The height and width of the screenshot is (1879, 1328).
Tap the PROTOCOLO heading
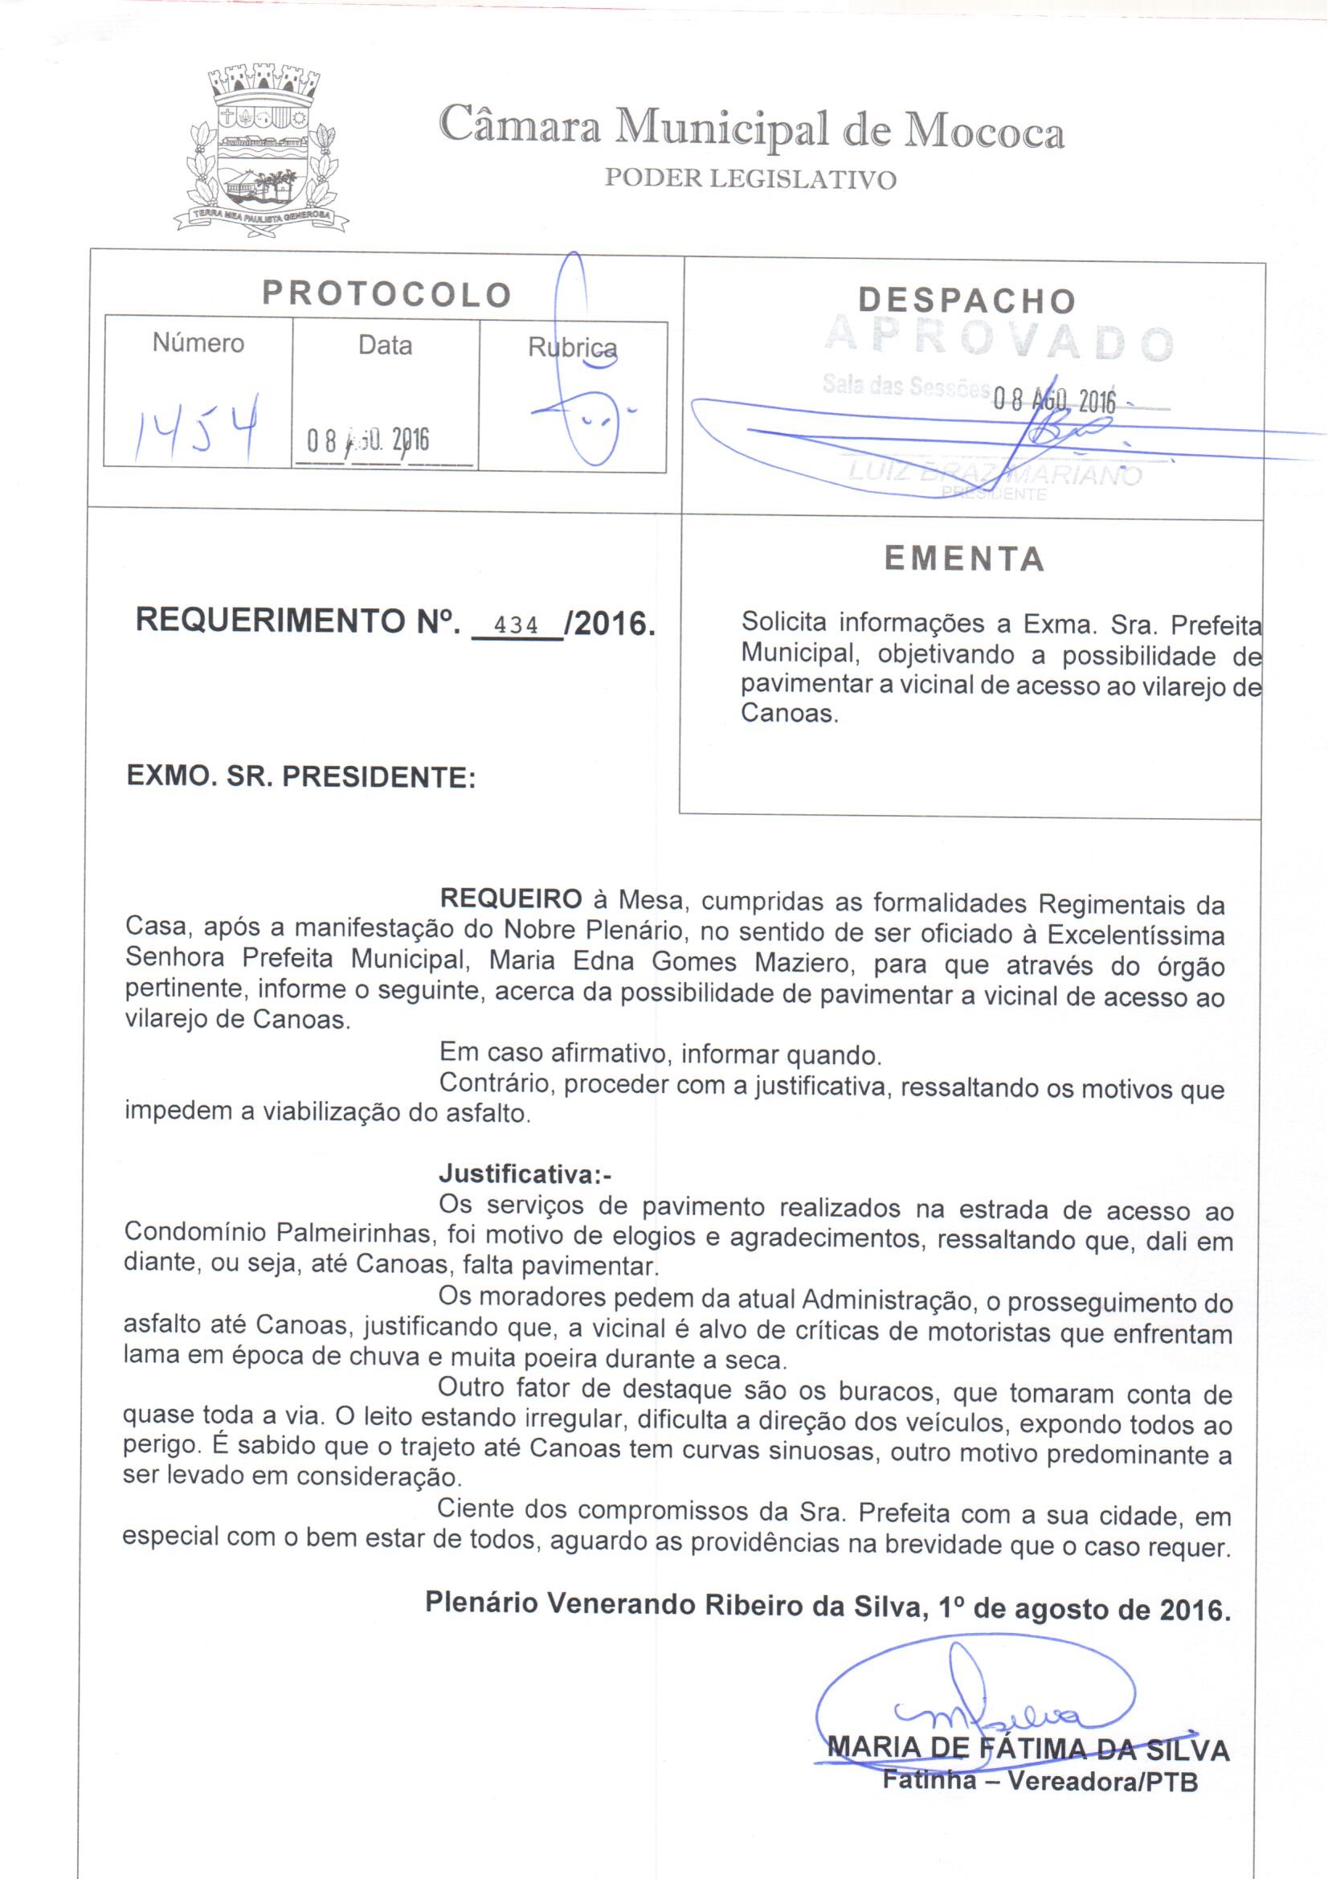(386, 294)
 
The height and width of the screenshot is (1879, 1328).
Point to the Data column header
(385, 346)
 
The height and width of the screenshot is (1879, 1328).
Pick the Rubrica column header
(572, 348)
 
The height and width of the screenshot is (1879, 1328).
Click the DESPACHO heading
(966, 301)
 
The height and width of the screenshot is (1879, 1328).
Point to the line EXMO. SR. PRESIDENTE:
(301, 776)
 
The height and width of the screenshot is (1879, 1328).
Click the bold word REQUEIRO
(511, 899)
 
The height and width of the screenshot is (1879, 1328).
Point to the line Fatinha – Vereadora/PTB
(1039, 1780)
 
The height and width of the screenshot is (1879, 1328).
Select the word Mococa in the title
(982, 133)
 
